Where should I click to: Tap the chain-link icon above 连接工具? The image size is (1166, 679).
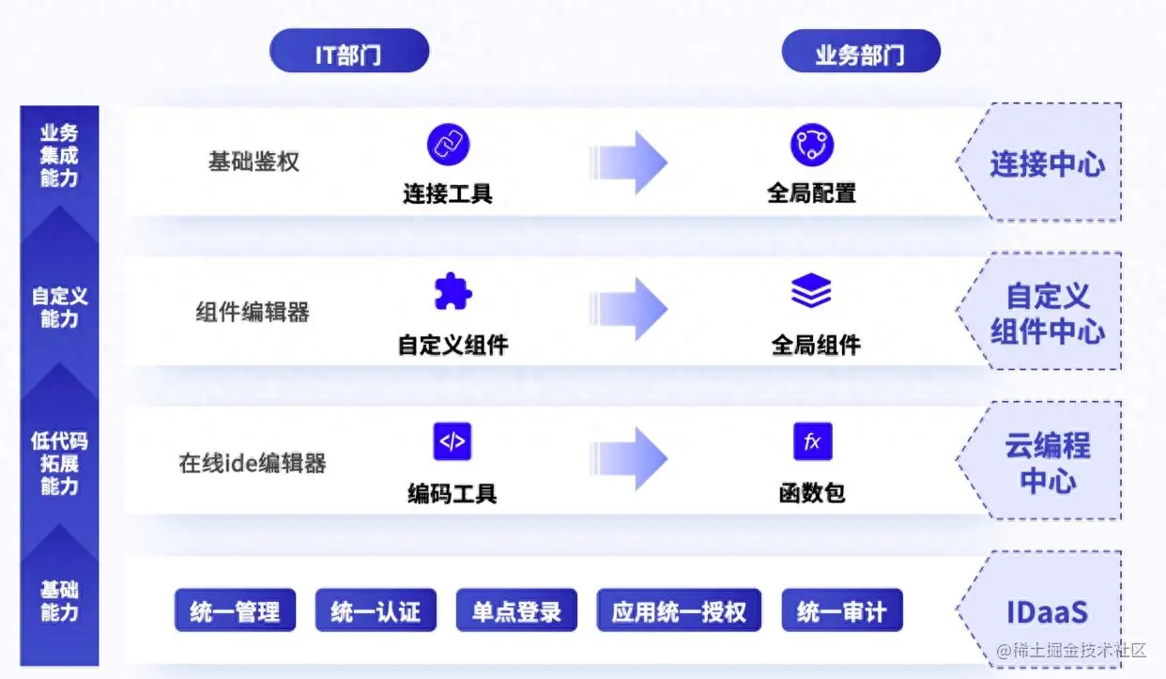[448, 145]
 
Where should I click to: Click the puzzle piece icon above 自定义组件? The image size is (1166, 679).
[453, 292]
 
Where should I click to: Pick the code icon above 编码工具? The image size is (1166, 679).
[452, 441]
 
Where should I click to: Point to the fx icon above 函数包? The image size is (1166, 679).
[812, 441]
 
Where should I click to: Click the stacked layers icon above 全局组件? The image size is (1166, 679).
[811, 292]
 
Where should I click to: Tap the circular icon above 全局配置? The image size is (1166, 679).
[811, 145]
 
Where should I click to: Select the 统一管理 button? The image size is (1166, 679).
[235, 612]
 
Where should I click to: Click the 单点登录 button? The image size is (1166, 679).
[515, 612]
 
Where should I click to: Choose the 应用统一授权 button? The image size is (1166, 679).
[679, 612]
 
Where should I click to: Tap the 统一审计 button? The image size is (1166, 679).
[841, 612]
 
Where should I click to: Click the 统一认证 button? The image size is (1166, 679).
[375, 612]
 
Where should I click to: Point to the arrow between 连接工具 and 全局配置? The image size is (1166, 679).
[628, 162]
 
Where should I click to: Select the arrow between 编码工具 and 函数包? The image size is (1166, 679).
[628, 459]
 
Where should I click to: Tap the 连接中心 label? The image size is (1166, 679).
[1047, 163]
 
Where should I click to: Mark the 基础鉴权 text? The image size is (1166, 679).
[253, 162]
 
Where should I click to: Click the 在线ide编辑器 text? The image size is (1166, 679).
[253, 463]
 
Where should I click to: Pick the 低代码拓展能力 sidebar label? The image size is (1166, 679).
[59, 463]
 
